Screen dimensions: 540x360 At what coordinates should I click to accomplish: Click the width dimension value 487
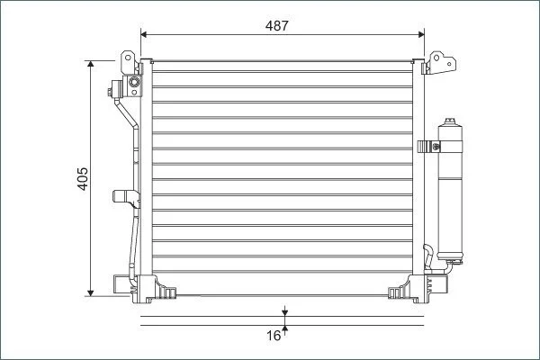point(276,26)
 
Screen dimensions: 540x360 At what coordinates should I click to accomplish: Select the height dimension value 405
point(83,179)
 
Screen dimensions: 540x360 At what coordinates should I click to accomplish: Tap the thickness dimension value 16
point(274,336)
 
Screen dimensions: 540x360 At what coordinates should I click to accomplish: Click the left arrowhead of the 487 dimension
point(144,34)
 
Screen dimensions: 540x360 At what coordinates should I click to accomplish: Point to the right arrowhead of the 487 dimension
point(421,34)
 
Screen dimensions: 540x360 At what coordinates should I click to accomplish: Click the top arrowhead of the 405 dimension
point(91,64)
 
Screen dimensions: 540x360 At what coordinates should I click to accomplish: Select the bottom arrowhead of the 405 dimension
point(91,292)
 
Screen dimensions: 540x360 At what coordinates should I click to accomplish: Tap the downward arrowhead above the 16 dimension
point(284,312)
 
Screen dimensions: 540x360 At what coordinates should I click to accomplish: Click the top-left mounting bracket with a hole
point(128,62)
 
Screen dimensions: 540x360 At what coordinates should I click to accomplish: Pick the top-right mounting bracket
point(439,63)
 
